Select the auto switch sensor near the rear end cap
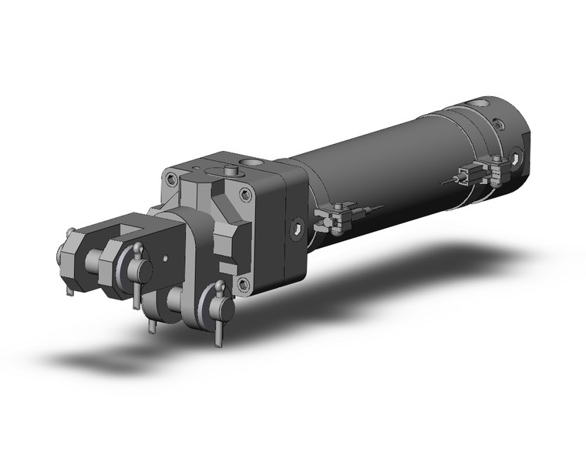tap(468, 175)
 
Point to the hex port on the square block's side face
tap(298, 228)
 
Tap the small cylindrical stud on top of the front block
tap(229, 169)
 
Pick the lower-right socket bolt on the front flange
tap(244, 284)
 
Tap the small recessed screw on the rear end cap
tap(500, 122)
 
